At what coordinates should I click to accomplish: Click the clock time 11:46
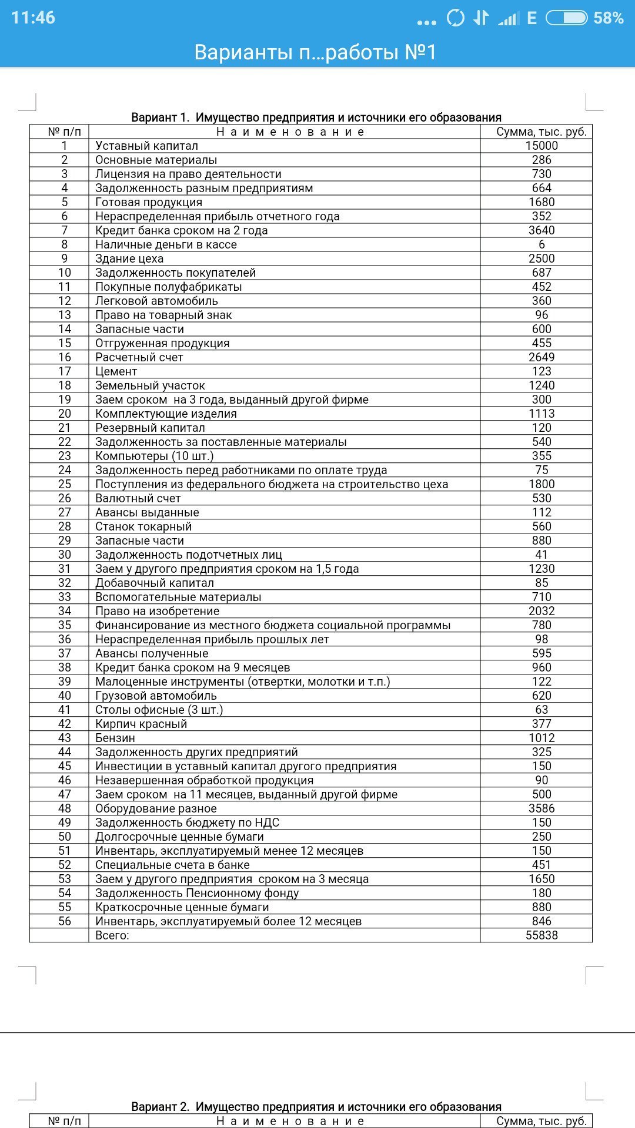tap(33, 18)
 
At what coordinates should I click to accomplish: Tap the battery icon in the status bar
tap(566, 18)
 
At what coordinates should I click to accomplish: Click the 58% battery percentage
tap(608, 18)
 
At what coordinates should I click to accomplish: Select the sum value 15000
tap(542, 146)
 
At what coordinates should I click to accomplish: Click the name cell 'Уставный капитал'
tap(147, 146)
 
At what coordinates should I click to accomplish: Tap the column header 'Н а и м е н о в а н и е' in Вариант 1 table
tap(290, 132)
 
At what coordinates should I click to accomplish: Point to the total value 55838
tap(542, 935)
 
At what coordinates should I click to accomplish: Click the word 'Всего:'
tap(112, 935)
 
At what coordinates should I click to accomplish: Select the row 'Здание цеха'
tap(129, 258)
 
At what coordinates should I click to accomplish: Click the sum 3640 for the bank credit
tap(542, 230)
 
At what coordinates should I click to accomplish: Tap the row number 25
tap(65, 484)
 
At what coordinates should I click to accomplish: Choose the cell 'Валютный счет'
tap(138, 498)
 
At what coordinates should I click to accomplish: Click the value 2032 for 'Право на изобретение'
tap(542, 611)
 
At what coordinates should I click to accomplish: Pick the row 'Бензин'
tap(115, 738)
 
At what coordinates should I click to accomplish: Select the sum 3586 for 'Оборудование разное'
tap(542, 808)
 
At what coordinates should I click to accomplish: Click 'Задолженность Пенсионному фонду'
tap(197, 893)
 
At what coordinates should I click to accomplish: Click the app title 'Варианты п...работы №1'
tap(316, 52)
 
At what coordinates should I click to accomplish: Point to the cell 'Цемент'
tap(116, 371)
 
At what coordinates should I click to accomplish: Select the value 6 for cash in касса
tap(542, 244)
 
